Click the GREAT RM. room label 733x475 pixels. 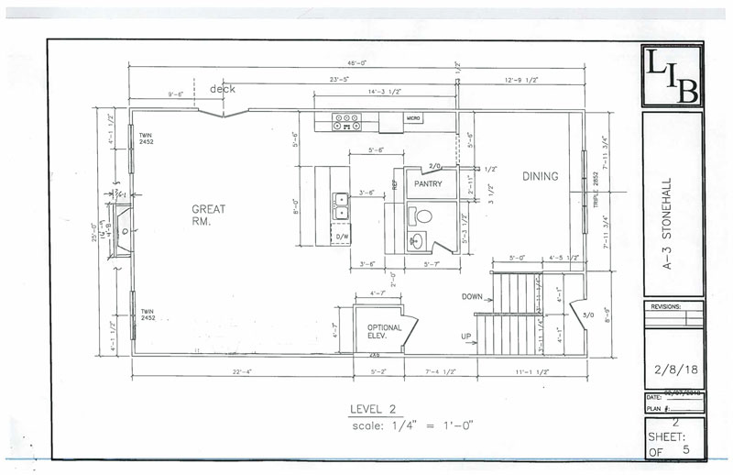[209, 215]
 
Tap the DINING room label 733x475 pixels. [540, 176]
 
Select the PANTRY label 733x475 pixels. [428, 183]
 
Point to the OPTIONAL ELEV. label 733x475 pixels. [385, 331]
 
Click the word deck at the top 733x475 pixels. [223, 89]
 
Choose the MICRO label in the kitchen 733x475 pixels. [413, 118]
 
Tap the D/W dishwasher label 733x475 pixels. [343, 236]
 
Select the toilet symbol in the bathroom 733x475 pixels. [421, 217]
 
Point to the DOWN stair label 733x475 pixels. [472, 296]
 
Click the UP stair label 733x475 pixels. [466, 337]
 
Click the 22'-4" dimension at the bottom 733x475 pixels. [242, 370]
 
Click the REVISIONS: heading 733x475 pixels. [667, 307]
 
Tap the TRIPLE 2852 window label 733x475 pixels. [595, 187]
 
